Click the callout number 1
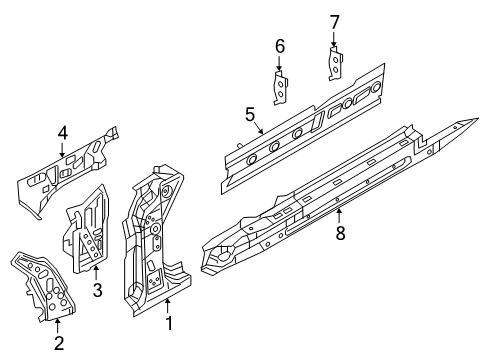169,323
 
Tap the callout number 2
59,343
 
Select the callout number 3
97,290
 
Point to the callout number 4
63,134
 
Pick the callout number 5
250,115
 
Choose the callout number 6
280,46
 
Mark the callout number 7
334,22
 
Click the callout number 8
340,233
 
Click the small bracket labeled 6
281,88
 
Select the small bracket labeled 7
336,64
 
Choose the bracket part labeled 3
86,229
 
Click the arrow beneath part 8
339,216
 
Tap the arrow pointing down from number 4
62,150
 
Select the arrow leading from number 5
259,128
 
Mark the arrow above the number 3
96,273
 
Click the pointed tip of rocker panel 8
478,118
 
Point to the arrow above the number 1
168,306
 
